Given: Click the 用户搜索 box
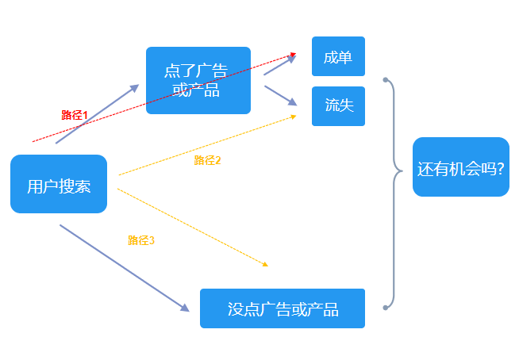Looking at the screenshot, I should [x=59, y=185].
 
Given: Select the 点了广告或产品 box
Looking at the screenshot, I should [x=198, y=80].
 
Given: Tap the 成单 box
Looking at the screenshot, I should [x=338, y=57].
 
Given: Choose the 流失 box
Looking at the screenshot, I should [x=338, y=106].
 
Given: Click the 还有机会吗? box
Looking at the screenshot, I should [x=460, y=167].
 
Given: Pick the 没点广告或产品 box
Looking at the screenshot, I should [x=283, y=308].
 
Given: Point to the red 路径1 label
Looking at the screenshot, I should [x=75, y=115].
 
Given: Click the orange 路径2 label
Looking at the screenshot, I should [x=207, y=160].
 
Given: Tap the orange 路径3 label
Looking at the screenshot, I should [x=141, y=240].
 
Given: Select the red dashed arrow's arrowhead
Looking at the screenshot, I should [x=293, y=54].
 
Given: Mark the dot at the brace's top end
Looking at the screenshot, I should [x=385, y=80].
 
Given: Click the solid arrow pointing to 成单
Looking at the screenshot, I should [x=279, y=65].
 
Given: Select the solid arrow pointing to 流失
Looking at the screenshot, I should [x=279, y=95].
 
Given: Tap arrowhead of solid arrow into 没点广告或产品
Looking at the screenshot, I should [x=185, y=307].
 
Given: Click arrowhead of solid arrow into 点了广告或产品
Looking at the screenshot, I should [x=135, y=87].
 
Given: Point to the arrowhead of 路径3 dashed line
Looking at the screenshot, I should [x=265, y=264].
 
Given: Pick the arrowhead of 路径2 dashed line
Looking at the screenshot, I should [x=293, y=117].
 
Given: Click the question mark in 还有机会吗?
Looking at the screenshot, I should [x=501, y=168].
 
